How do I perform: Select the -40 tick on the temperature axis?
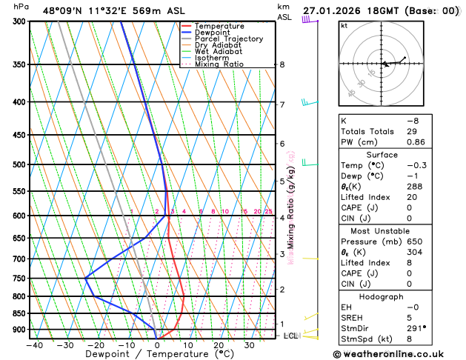34,344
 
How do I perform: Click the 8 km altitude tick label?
282,64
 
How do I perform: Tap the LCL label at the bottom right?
291,336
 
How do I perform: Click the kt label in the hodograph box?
344,25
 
